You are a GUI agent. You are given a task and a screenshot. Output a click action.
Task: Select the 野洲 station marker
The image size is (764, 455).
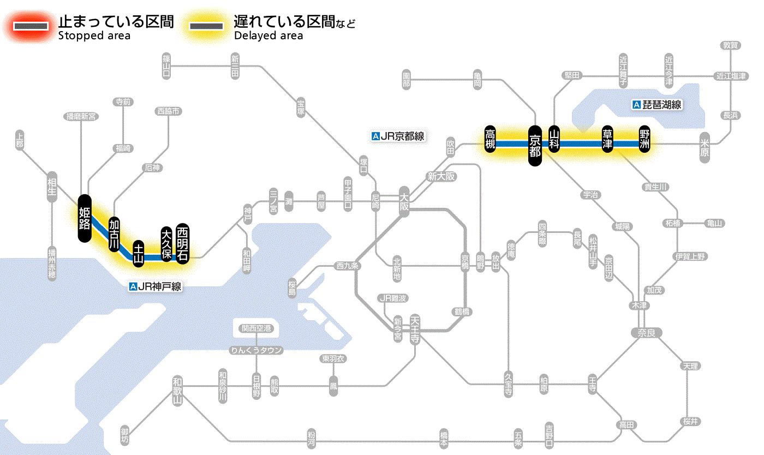click(645, 140)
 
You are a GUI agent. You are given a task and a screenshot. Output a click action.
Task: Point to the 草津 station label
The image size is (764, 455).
click(607, 140)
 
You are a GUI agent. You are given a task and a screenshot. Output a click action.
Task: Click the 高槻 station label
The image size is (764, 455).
click(490, 140)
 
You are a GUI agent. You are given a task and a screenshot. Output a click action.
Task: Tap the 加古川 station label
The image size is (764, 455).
click(114, 234)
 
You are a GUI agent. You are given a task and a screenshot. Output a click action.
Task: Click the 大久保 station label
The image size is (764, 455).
click(166, 243)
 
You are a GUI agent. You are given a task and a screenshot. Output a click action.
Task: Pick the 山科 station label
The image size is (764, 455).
click(554, 140)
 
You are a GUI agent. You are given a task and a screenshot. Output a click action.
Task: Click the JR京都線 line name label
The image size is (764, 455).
click(397, 136)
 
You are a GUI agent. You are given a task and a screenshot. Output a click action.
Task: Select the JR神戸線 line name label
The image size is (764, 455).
click(155, 286)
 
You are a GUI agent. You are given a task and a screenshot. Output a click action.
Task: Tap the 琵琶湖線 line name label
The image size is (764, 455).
click(657, 105)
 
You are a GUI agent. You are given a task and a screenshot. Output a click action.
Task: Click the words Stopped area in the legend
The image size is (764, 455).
click(94, 36)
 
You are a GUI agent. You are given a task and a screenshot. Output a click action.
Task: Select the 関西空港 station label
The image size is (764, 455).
click(256, 328)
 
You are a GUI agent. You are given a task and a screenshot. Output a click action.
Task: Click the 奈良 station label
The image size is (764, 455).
click(646, 332)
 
